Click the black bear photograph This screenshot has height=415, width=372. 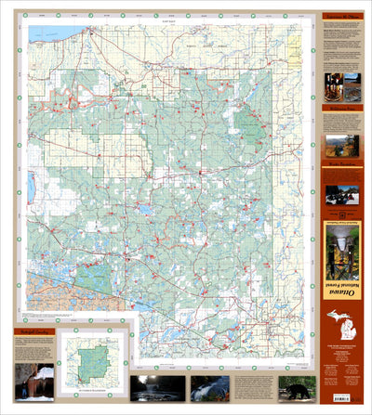pyautogui.click(x=296, y=387)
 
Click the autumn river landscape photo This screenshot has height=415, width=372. pyautogui.click(x=341, y=146)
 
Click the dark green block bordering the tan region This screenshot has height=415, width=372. pyautogui.click(x=91, y=277)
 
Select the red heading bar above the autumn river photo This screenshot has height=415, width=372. pyautogui.click(x=341, y=131)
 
